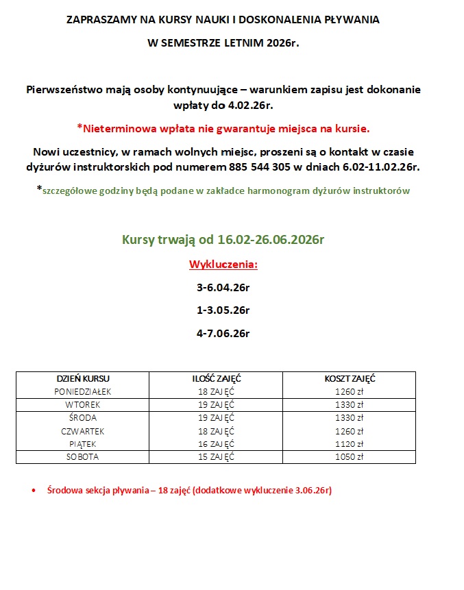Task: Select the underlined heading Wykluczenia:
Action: click(x=223, y=265)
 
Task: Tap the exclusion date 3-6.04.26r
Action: click(x=223, y=288)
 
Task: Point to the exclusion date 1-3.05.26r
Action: click(x=223, y=310)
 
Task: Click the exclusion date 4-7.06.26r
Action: click(x=223, y=334)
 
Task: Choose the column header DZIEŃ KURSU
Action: click(x=82, y=378)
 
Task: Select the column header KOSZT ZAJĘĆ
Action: click(x=350, y=378)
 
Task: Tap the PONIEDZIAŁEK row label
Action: click(x=82, y=392)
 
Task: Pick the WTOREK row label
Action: click(x=82, y=404)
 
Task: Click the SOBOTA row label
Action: click(x=82, y=456)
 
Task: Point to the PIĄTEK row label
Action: click(x=82, y=444)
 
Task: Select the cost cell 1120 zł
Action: click(x=350, y=444)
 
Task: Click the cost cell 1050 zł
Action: click(x=350, y=456)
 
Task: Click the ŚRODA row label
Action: click(x=82, y=418)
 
